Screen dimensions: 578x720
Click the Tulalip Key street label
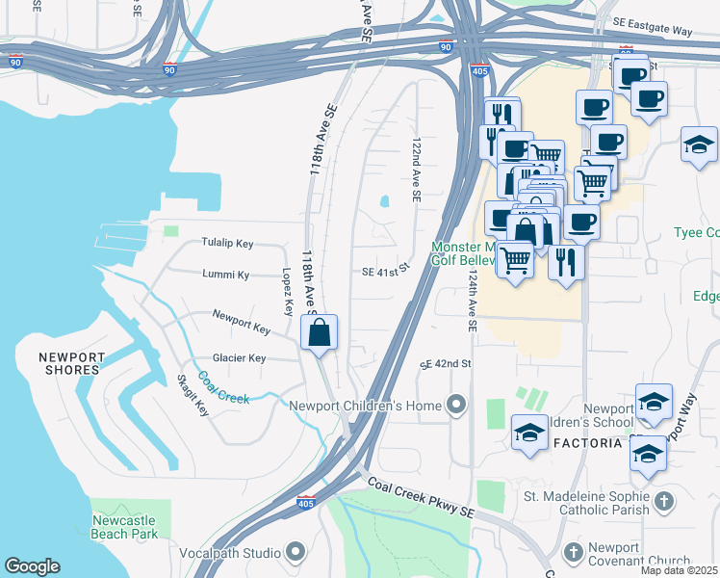227,244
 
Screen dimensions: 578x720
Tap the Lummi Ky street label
227,275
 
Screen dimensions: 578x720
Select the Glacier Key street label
239,358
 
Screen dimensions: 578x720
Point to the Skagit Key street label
193,396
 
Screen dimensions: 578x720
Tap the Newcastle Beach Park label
124,526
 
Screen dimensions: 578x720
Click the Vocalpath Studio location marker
295,552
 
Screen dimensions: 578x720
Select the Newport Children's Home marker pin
456,405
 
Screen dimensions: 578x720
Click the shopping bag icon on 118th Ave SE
320,333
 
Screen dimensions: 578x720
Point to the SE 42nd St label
445,364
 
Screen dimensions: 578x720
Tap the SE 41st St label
386,274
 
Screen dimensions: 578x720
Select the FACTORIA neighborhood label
589,443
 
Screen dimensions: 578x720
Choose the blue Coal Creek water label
223,387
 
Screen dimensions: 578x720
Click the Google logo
32,566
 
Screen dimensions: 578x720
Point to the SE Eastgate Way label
655,32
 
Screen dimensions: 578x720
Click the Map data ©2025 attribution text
679,570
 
